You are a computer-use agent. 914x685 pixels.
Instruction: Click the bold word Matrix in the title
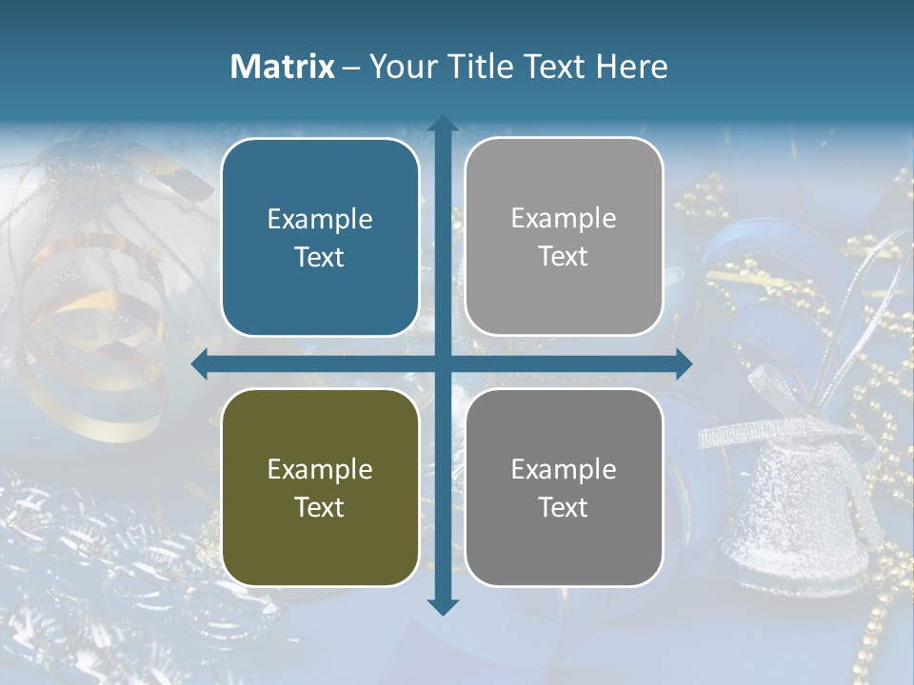coord(283,67)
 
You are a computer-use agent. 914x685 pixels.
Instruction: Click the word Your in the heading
coord(407,67)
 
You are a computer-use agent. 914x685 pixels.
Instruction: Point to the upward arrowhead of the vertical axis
coord(443,124)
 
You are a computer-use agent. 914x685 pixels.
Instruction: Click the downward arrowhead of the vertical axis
coord(443,606)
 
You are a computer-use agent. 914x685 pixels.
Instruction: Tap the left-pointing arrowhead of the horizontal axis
coord(200,363)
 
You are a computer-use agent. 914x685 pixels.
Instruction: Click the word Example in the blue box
coord(320,219)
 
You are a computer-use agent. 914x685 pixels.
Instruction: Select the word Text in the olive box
coord(320,507)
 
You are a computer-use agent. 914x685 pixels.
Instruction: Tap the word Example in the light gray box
coord(564,218)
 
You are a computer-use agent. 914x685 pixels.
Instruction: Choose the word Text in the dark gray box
coord(564,507)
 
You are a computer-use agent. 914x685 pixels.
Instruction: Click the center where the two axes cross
coord(443,363)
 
